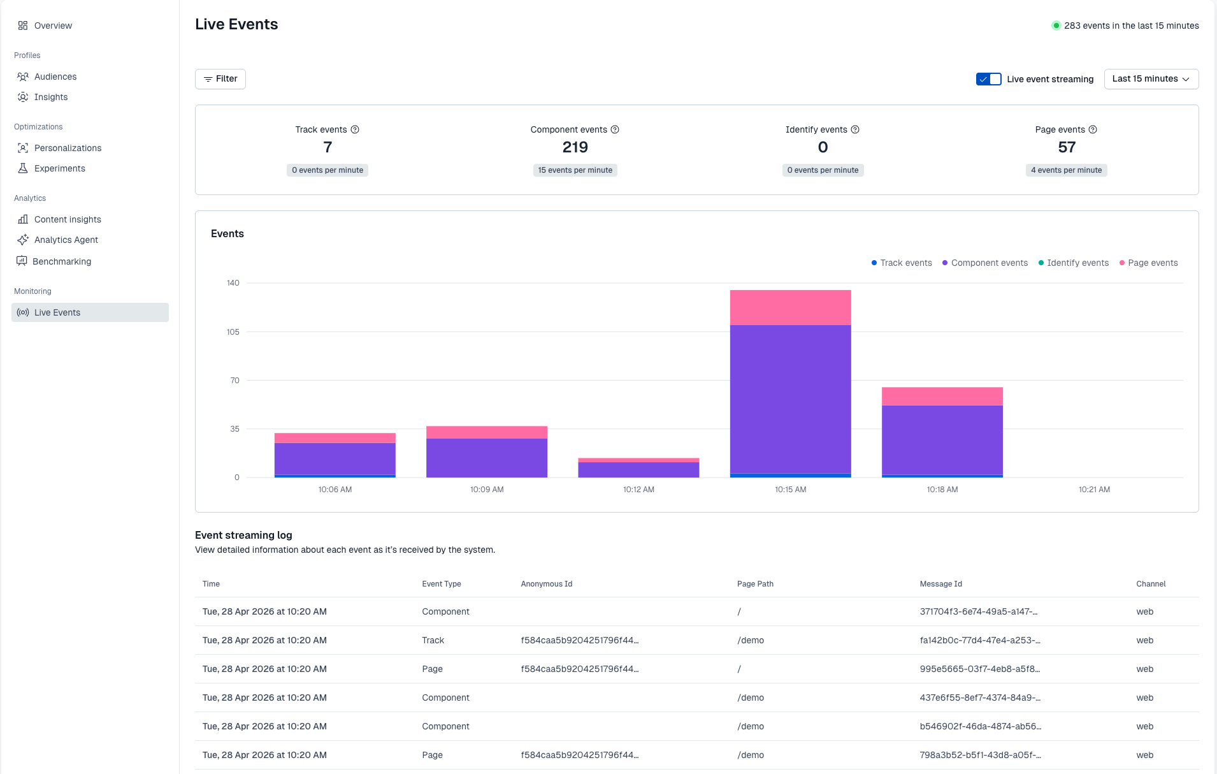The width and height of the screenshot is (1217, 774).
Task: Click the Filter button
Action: [220, 79]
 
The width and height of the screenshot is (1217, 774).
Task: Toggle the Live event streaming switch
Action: [988, 79]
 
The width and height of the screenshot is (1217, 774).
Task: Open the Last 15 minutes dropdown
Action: [1151, 79]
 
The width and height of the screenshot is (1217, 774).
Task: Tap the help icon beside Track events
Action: [355, 129]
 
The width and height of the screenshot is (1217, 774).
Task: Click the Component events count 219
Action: [575, 147]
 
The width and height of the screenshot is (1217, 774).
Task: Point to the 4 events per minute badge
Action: [1066, 170]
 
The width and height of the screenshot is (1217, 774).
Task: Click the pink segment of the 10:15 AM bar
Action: [790, 307]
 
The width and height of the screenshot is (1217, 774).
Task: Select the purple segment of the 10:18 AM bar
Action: [942, 439]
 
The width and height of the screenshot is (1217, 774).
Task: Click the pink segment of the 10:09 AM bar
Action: [486, 432]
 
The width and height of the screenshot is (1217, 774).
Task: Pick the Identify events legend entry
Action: [1074, 263]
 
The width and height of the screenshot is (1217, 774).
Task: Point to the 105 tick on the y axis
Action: [233, 332]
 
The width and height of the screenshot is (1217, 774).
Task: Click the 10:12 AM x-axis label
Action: [638, 490]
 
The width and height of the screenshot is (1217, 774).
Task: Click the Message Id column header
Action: [940, 584]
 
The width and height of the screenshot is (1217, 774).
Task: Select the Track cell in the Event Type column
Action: [433, 640]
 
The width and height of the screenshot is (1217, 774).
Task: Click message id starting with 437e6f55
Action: [980, 697]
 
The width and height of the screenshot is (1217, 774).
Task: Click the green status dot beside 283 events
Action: [1056, 26]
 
